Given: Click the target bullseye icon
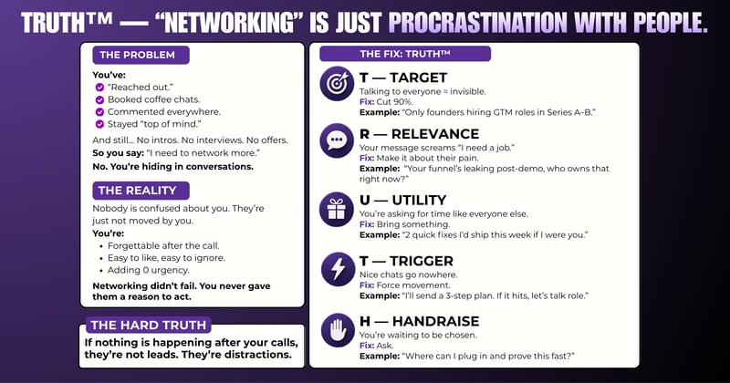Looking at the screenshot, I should pyautogui.click(x=335, y=84).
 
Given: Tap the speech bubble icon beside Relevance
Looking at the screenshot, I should pyautogui.click(x=335, y=141).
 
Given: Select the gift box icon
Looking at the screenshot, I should pyautogui.click(x=335, y=209).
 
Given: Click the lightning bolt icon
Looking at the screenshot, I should pyautogui.click(x=335, y=270).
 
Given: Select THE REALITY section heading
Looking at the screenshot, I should pyautogui.click(x=141, y=191).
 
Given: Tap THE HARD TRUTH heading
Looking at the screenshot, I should pyautogui.click(x=149, y=325).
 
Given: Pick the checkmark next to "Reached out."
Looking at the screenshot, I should pyautogui.click(x=99, y=87).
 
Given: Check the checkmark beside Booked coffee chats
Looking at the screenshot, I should pyautogui.click(x=99, y=99).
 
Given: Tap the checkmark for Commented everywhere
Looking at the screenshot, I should pyautogui.click(x=99, y=112).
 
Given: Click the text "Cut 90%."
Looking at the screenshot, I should pyautogui.click(x=394, y=102).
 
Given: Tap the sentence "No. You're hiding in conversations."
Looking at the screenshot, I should pyautogui.click(x=173, y=167).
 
